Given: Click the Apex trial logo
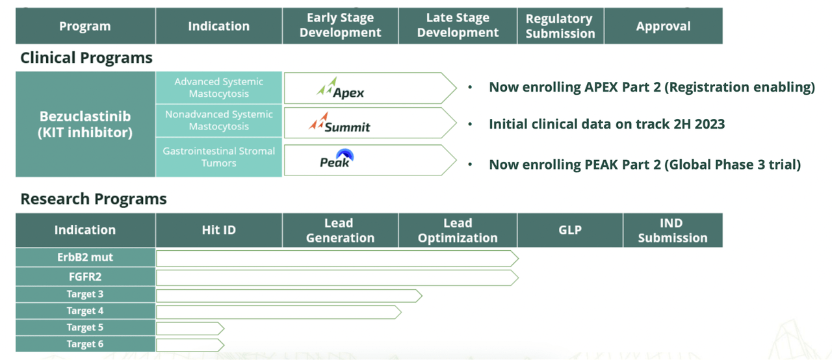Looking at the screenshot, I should click(341, 88).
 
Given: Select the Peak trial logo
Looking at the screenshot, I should click(337, 159).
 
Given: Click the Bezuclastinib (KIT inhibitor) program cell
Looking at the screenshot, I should click(85, 124).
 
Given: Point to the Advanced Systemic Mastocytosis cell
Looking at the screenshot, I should click(218, 88).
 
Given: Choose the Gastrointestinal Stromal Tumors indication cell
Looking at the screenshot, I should click(218, 157).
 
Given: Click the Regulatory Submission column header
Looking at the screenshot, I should click(560, 26).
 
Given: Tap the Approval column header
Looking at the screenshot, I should click(663, 26).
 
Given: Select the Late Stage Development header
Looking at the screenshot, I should click(458, 26).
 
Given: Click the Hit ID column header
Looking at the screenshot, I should click(218, 230).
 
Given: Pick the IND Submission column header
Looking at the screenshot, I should click(672, 230).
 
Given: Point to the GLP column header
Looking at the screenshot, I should click(569, 230).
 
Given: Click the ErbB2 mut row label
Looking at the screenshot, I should click(85, 257).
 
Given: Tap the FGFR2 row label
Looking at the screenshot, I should click(85, 277).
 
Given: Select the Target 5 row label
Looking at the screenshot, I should click(85, 328).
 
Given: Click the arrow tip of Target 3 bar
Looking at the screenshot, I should click(419, 296).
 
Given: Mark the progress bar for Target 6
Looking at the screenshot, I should click(188, 344).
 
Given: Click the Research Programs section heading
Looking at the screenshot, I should click(94, 199).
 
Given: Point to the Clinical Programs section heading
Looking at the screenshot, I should click(86, 58).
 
